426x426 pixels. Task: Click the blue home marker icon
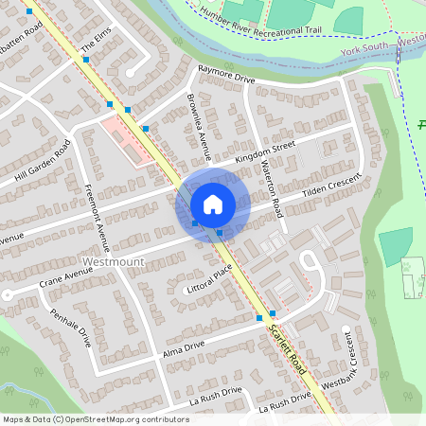pyautogui.click(x=213, y=204)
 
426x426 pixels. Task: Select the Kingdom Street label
pyautogui.click(x=265, y=151)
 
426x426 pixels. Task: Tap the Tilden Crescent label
pyautogui.click(x=332, y=187)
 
